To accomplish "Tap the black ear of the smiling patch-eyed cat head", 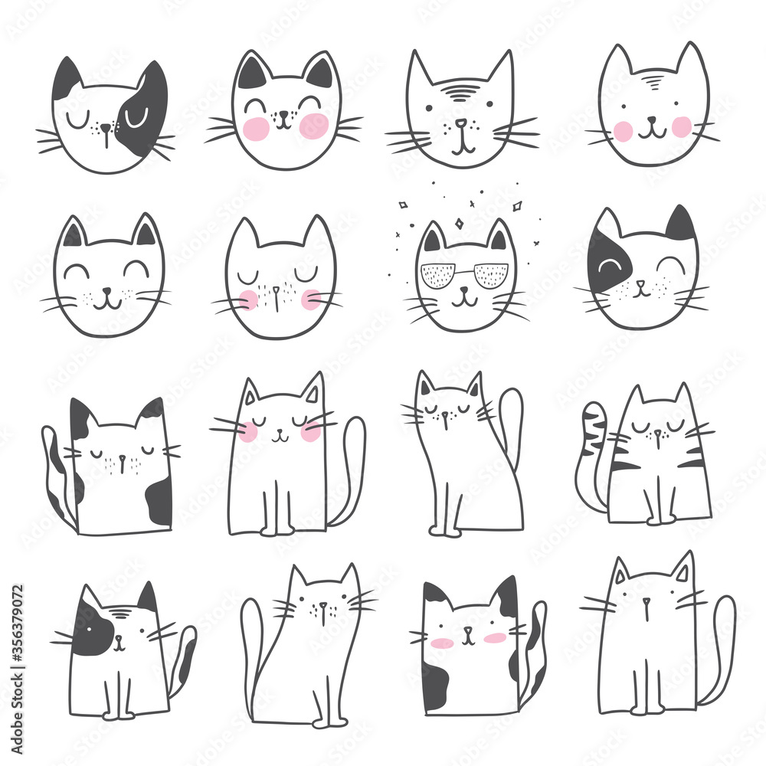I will click(680, 224).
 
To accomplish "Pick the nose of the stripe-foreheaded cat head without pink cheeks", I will click(460, 123).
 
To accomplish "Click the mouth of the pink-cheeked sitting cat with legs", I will click(280, 437).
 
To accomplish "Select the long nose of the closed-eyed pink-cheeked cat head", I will click(279, 293).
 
